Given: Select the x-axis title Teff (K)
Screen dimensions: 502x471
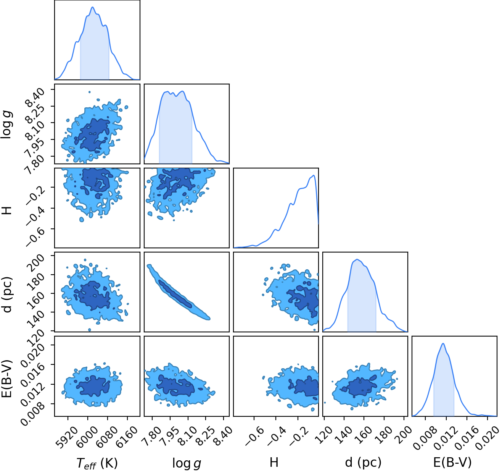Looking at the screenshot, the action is pyautogui.click(x=97, y=463).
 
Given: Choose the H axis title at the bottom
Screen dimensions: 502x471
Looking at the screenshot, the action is pyautogui.click(x=274, y=463).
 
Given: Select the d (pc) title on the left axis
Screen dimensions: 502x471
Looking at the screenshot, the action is pyautogui.click(x=7, y=295).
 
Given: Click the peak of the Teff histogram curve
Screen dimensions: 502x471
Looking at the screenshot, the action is pyautogui.click(x=93, y=7).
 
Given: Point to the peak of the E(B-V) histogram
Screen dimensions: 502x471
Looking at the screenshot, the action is pyautogui.click(x=443, y=344).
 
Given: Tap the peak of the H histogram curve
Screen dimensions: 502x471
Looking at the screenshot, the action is pyautogui.click(x=314, y=175).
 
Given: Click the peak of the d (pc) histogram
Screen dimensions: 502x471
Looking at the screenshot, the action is pyautogui.click(x=357, y=259).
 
